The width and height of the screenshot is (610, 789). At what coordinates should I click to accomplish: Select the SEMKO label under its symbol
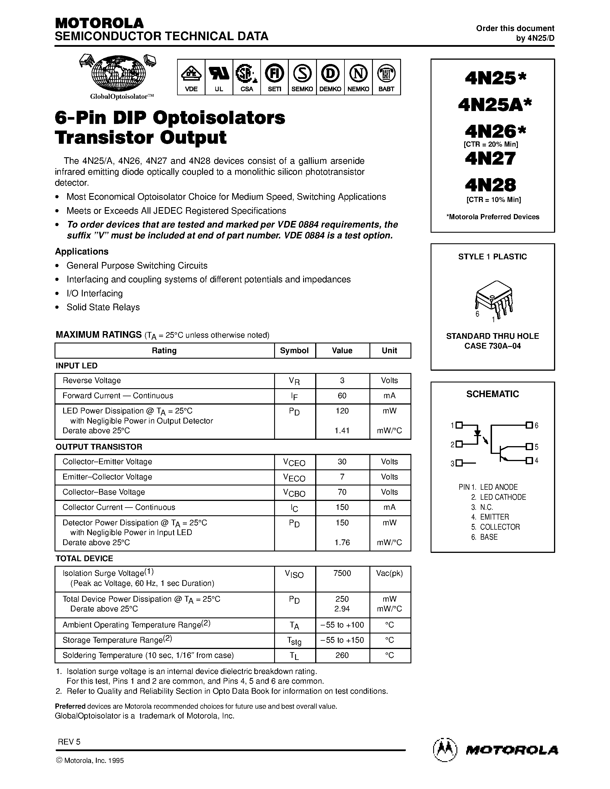[x=302, y=89]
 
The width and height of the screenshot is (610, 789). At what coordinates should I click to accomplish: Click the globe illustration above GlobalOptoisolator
[x=119, y=74]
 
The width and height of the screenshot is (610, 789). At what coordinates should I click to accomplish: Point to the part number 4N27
[x=490, y=159]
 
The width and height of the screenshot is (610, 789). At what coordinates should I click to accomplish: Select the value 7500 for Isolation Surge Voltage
[x=342, y=573]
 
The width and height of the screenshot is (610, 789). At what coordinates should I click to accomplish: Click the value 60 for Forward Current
[x=342, y=396]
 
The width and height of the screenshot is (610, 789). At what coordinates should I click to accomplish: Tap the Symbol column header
[x=295, y=350]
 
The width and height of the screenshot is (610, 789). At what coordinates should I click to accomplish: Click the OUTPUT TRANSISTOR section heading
[x=99, y=447]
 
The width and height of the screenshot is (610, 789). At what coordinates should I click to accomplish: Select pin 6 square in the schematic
[x=529, y=425]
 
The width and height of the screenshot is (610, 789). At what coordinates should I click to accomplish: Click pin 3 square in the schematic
[x=459, y=463]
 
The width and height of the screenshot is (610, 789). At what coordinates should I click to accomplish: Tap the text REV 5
[x=69, y=742]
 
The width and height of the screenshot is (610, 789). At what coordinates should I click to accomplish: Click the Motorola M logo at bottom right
[x=445, y=750]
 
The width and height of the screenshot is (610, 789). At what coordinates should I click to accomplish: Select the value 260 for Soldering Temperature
[x=342, y=655]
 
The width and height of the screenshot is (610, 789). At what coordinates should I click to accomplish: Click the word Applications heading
[x=82, y=251]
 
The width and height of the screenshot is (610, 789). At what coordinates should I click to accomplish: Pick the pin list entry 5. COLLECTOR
[x=495, y=527]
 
